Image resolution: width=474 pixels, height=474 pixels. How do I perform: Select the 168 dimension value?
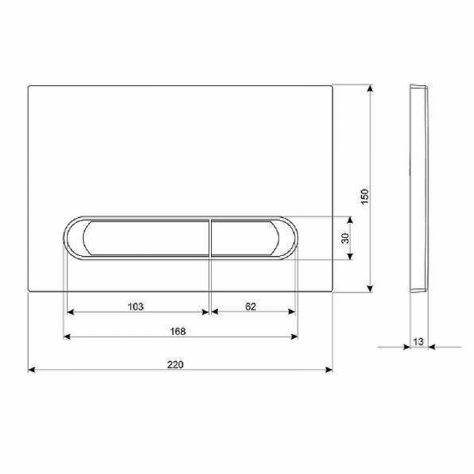(x=178, y=331)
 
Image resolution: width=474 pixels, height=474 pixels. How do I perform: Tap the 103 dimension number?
(x=135, y=307)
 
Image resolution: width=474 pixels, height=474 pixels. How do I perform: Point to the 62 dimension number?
(x=250, y=307)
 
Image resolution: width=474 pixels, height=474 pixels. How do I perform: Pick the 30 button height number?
(x=345, y=238)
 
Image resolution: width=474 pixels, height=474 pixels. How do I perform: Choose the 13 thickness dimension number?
(x=418, y=341)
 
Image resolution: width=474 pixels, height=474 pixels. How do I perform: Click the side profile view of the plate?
(x=419, y=187)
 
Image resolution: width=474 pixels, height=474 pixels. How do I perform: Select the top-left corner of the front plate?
(x=29, y=85)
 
